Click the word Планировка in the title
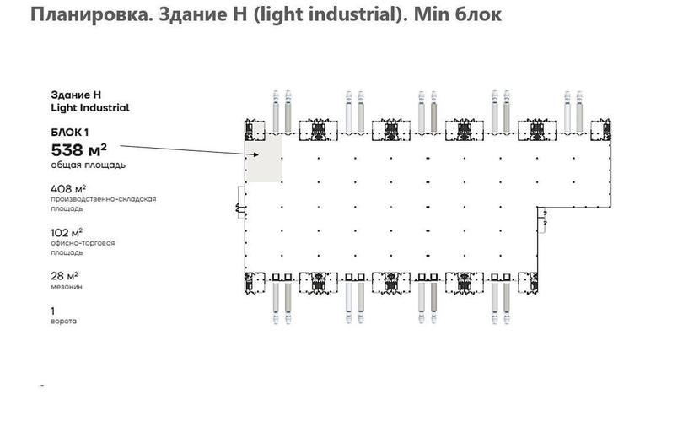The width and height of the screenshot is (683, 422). pos(89,15)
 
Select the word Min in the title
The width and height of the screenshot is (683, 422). pos(431,14)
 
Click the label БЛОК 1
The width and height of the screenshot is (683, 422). pos(70,133)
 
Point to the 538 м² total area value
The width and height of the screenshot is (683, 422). pos(79,150)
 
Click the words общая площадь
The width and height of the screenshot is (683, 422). pos(88,165)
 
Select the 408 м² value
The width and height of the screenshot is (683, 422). pos(68,189)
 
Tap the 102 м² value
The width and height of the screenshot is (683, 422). pos(67,233)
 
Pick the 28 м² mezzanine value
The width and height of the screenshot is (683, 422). pos(64,276)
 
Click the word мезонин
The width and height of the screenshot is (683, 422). pos(67,287)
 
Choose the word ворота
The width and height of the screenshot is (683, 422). pos(63,322)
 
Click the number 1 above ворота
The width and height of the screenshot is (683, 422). pos(53,311)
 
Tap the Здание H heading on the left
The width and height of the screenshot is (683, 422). pos(76,95)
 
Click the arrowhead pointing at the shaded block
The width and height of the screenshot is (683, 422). pos(256,154)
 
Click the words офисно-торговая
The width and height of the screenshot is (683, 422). pos(83,243)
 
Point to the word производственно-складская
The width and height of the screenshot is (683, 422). pos(104,199)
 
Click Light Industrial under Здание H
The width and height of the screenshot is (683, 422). pos(90,108)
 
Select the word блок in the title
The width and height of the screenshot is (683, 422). pos(478,15)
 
